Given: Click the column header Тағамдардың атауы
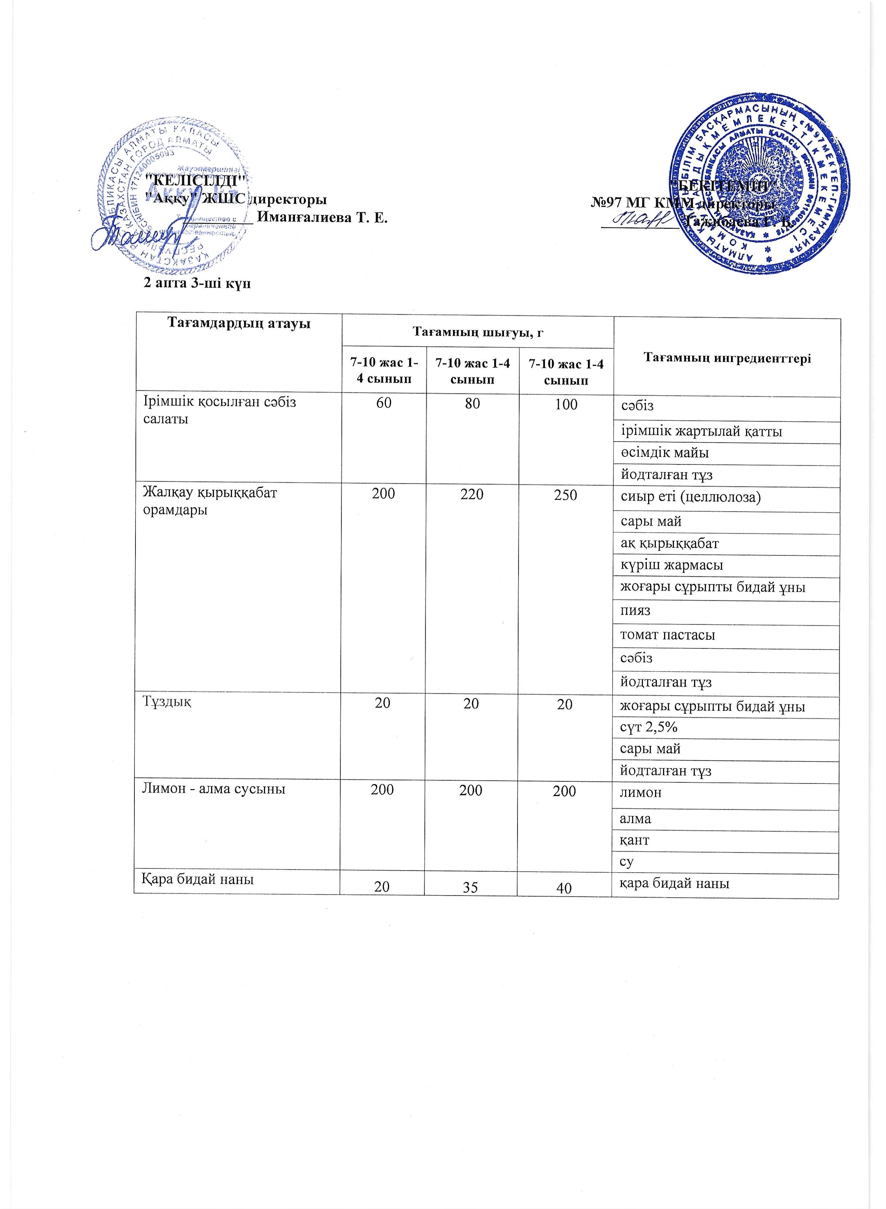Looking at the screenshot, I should pos(239,323).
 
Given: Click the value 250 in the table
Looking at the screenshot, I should pos(565,494).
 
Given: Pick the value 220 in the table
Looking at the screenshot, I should pos(472,494).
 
